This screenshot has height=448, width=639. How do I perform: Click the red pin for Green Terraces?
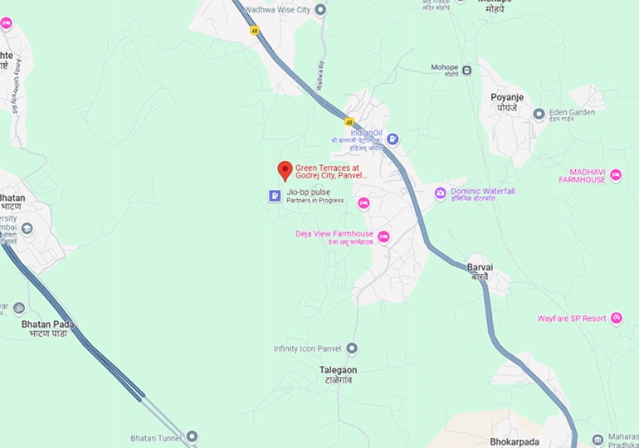tap(285, 170)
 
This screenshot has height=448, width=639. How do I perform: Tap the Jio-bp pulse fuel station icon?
tap(274, 196)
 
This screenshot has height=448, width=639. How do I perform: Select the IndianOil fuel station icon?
tap(393, 139)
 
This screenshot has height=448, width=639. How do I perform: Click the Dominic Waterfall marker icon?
tap(440, 193)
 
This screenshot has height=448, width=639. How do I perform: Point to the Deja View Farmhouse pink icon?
tap(383, 236)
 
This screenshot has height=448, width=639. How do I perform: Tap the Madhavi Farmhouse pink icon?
tap(616, 175)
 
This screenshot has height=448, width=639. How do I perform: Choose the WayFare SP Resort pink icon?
tap(616, 318)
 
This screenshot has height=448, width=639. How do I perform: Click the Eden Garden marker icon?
tap(539, 114)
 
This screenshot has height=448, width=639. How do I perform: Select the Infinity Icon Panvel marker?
tap(352, 348)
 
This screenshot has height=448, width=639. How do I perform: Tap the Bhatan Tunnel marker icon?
tap(193, 436)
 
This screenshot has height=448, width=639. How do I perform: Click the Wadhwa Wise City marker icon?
tap(320, 10)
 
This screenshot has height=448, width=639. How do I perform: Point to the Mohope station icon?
tap(467, 70)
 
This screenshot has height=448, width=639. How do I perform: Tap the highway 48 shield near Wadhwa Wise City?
tap(255, 31)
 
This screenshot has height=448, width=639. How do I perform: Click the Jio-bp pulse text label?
tap(309, 192)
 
